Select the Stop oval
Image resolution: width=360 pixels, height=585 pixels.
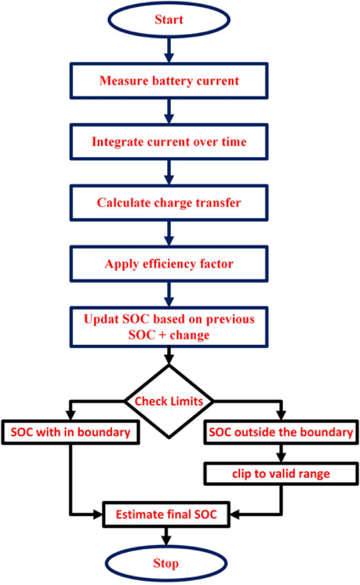166,563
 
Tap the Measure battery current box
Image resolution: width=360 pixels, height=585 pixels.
169,81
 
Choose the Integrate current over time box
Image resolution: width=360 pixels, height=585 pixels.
169,142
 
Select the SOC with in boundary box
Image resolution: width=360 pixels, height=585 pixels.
70,433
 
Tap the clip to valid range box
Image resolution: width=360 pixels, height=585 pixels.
282,474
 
